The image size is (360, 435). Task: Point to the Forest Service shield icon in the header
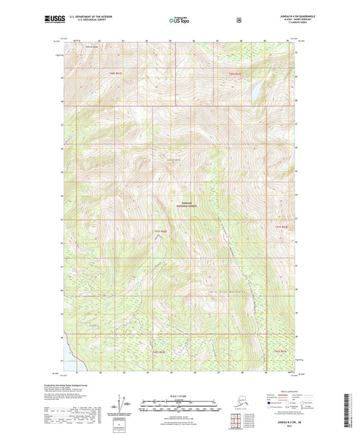pos(239,20)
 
